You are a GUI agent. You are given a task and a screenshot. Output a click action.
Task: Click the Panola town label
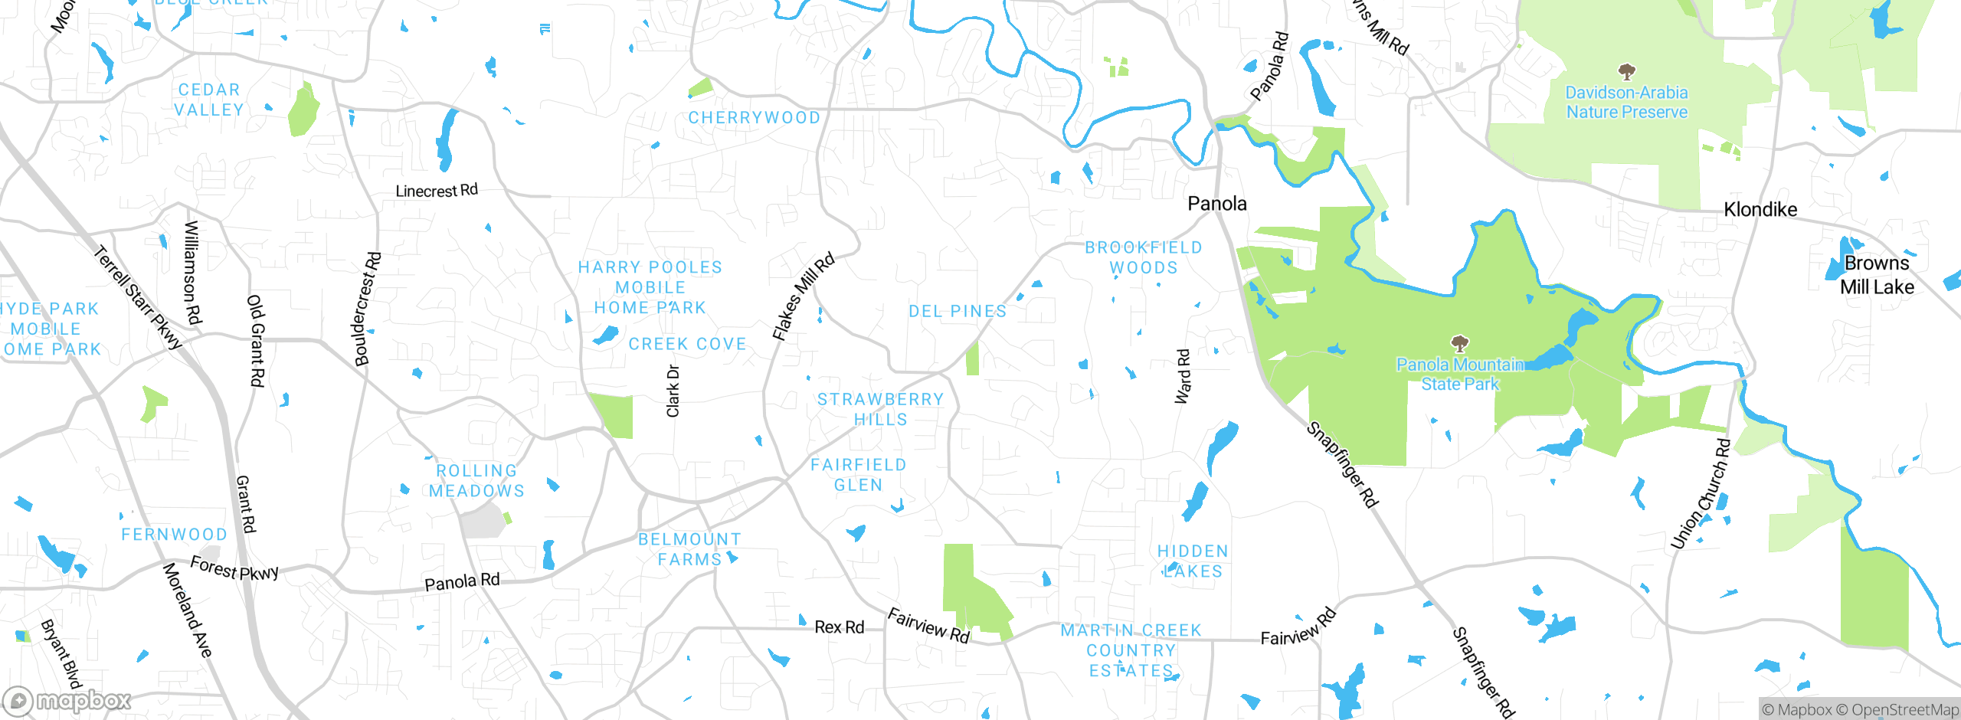tap(1216, 204)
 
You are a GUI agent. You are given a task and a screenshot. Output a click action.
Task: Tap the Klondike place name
tap(1760, 209)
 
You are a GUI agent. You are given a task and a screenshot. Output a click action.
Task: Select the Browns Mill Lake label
tap(1877, 275)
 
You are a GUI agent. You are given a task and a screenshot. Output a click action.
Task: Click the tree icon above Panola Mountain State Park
tap(1460, 343)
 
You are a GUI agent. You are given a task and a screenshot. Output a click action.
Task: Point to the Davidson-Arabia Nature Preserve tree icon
tap(1626, 72)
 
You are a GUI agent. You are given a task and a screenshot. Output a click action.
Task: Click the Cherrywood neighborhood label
tap(754, 118)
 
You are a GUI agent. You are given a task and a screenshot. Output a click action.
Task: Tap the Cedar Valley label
tap(209, 100)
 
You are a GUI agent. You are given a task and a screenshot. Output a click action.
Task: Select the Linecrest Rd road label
tap(437, 191)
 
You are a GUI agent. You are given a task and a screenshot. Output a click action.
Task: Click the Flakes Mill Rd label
tap(803, 297)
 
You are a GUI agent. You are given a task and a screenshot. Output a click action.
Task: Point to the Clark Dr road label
tap(673, 391)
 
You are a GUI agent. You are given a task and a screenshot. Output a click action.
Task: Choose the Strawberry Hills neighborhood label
tap(880, 409)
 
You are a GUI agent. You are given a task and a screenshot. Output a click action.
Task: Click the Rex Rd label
tap(839, 627)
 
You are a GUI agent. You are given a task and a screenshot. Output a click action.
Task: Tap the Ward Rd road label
tap(1183, 376)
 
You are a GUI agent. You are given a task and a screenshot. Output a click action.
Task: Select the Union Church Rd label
tap(1700, 494)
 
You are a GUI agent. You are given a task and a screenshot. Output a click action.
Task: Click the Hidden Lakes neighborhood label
tap(1193, 561)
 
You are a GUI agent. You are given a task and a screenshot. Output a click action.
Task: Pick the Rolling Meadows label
tap(476, 481)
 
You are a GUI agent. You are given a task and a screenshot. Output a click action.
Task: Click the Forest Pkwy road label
tap(234, 569)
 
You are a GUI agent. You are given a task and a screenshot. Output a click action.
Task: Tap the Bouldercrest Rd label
tap(367, 309)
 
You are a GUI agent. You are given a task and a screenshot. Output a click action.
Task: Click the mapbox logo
tap(67, 700)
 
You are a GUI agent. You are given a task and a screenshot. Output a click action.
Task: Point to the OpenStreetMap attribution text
tap(1904, 710)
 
